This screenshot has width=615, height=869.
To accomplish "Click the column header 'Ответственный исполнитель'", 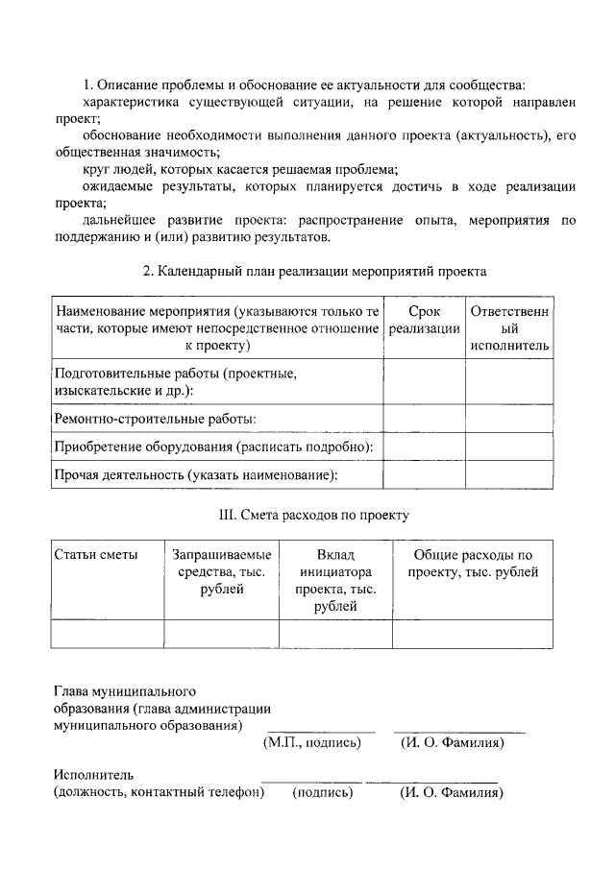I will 509,328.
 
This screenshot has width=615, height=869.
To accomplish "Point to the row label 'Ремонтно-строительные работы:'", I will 155,419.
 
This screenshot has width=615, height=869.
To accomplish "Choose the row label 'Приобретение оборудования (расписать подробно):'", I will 213,447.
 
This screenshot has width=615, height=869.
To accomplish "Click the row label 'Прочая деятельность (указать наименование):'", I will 196,474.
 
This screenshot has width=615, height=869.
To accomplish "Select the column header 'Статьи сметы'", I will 96,555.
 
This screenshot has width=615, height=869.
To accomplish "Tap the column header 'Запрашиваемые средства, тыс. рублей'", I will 221,572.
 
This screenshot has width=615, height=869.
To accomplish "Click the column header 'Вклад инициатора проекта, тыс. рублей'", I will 335,581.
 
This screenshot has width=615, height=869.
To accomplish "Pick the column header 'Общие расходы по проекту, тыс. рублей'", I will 472,564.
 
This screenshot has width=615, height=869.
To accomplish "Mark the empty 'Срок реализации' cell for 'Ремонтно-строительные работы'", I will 424,419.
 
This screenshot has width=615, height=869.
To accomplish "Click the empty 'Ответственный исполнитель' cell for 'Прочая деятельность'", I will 509,474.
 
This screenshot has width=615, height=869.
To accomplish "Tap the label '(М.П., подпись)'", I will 312,742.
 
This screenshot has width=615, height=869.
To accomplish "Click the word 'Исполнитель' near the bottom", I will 94,775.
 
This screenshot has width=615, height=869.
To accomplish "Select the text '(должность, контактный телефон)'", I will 159,792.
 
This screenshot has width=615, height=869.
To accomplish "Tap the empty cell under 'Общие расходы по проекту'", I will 472,634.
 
